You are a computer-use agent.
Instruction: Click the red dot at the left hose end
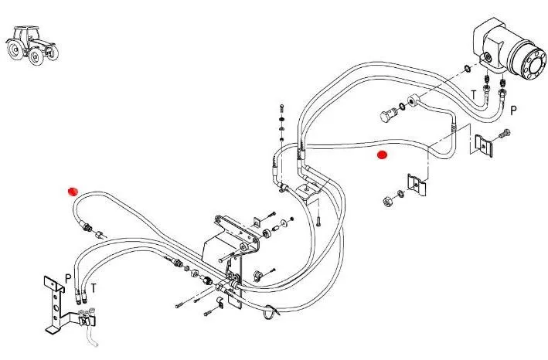[x=73, y=191]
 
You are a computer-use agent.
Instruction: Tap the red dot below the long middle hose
[x=381, y=155]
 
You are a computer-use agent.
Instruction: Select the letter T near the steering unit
[x=475, y=95]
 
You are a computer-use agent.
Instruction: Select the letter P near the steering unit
[x=513, y=110]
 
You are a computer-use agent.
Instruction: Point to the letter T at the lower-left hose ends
[x=94, y=287]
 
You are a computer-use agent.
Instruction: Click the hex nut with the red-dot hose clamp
[x=385, y=202]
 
